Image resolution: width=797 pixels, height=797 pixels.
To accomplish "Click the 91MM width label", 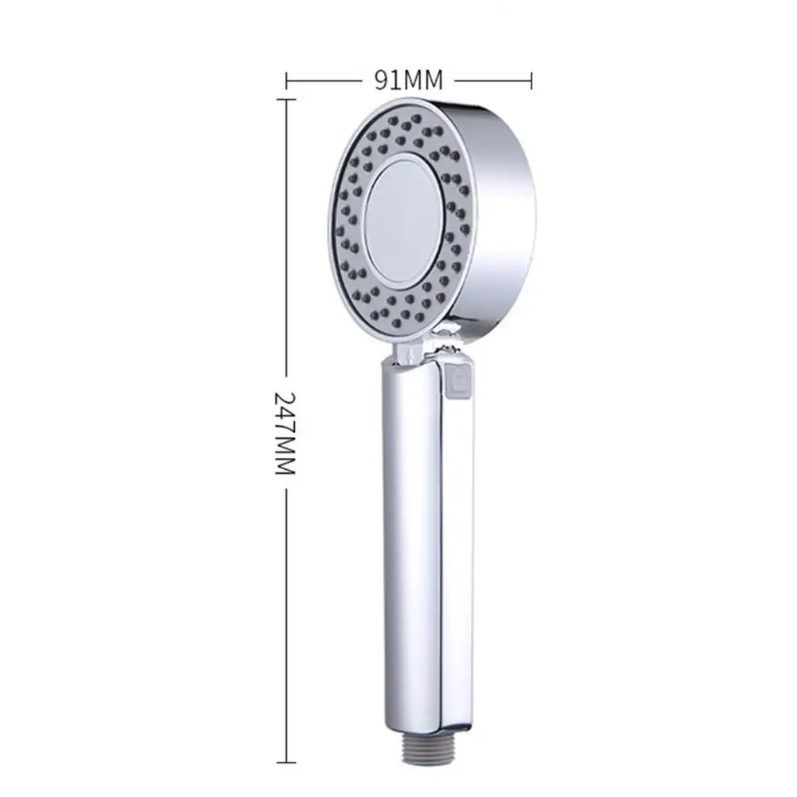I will coord(408,80).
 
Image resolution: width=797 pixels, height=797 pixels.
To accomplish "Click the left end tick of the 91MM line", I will coord(286,80).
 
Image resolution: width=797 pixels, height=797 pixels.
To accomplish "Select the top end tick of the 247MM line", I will coord(285,100).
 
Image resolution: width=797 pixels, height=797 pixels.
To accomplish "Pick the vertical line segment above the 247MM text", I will coord(285,239).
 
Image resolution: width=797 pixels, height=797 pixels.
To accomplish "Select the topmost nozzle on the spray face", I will coord(415,118).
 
